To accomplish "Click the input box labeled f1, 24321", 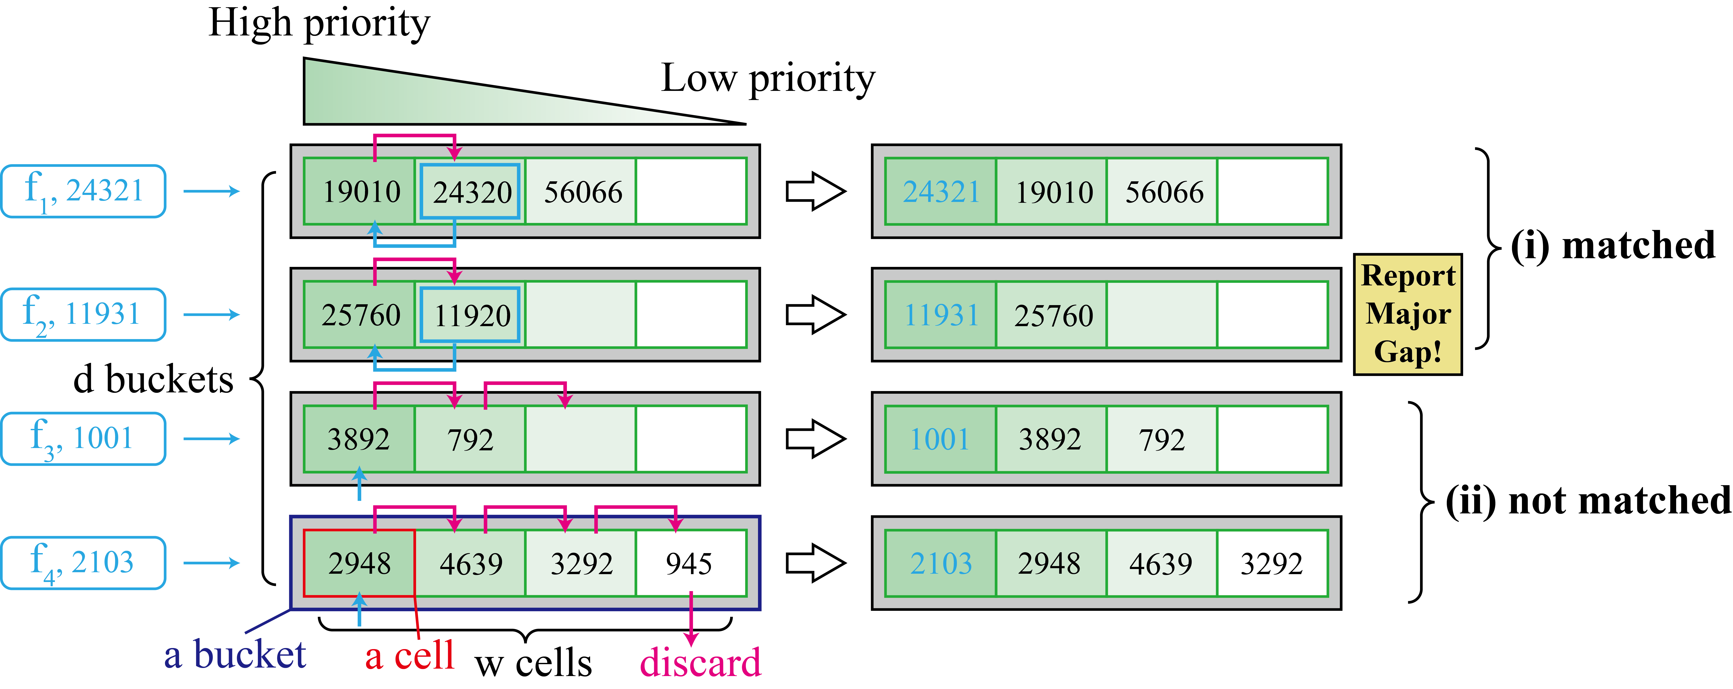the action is pyautogui.click(x=83, y=191).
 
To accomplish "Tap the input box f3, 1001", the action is pyautogui.click(x=83, y=439).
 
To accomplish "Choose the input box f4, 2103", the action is pyautogui.click(x=83, y=562).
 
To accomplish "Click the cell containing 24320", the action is pyautogui.click(x=470, y=192).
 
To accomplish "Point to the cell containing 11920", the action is pyautogui.click(x=470, y=315).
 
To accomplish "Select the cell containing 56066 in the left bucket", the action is pyautogui.click(x=581, y=192).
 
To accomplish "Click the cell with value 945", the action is pyautogui.click(x=690, y=563).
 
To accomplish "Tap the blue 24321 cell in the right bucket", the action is pyautogui.click(x=941, y=192).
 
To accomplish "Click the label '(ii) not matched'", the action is pyautogui.click(x=1588, y=501).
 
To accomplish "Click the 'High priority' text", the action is pyautogui.click(x=319, y=24).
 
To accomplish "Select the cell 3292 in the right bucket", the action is pyautogui.click(x=1271, y=563).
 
